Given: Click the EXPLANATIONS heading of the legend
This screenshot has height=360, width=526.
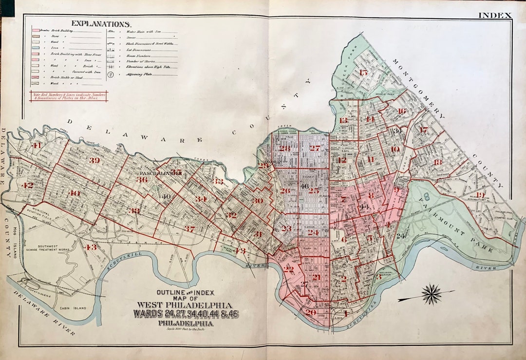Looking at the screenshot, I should (x=101, y=23).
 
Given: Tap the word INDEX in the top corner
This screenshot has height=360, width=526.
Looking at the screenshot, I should (x=494, y=15).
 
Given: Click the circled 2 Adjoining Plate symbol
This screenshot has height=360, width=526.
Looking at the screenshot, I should (x=111, y=75).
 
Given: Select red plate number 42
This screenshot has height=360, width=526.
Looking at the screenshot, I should (x=27, y=185).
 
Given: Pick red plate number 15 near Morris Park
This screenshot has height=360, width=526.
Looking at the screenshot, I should (x=363, y=73).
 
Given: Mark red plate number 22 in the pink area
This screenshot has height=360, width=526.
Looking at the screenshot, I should (x=289, y=269).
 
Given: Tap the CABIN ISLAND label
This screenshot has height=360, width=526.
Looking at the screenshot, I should (x=71, y=308).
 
